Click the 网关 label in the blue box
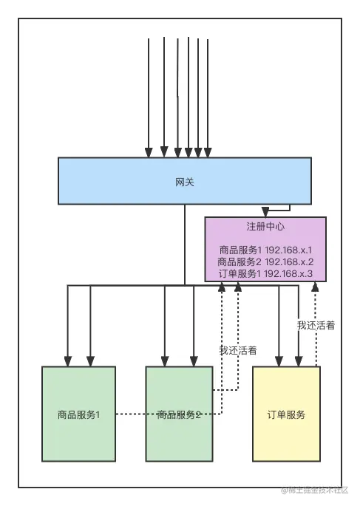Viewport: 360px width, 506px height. pos(185,181)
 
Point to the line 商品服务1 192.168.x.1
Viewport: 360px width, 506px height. pos(265,250)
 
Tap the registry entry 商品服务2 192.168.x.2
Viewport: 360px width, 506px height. pos(265,262)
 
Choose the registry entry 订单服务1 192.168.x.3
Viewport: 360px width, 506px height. pos(265,274)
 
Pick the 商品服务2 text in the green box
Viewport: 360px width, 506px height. pos(179,414)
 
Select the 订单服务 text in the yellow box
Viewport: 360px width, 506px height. pos(286,414)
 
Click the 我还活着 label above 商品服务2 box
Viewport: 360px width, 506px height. pos(237,350)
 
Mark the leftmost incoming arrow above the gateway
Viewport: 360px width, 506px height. pos(149,96)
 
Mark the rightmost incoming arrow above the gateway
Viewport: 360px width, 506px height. pos(208,96)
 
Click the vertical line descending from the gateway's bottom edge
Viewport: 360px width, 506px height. pos(185,244)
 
